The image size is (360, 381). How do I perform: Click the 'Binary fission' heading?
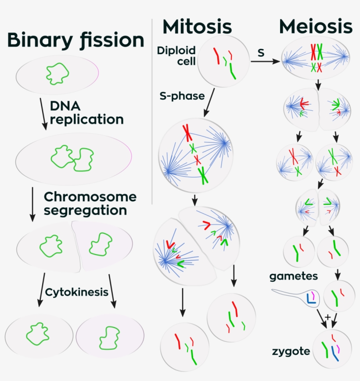pyautogui.click(x=76, y=40)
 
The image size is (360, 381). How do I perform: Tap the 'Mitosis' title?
pyautogui.click(x=197, y=27)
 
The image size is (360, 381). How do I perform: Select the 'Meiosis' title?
pyautogui.click(x=316, y=27)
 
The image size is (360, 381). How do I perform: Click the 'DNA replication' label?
pyautogui.click(x=86, y=112)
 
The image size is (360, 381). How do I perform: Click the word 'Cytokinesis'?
pyautogui.click(x=77, y=292)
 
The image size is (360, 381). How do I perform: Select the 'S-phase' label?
pyautogui.click(x=176, y=95)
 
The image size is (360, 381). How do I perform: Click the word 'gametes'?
pyautogui.click(x=294, y=277)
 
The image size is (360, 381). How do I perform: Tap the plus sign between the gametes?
pyautogui.click(x=327, y=316)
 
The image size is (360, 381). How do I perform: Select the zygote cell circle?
pyautogui.click(x=332, y=349)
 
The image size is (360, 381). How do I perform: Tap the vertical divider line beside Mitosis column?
pyautogui.click(x=152, y=110)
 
